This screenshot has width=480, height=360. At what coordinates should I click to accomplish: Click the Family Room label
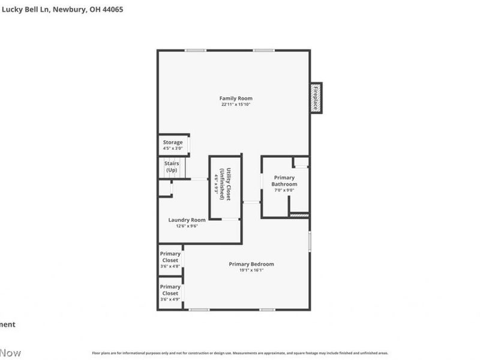pyautogui.click(x=235, y=98)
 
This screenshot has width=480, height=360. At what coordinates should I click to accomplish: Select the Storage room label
pyautogui.click(x=173, y=143)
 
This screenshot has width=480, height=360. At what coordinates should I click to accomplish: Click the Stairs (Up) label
pyautogui.click(x=172, y=167)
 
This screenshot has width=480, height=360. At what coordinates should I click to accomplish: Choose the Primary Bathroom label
pyautogui.click(x=284, y=181)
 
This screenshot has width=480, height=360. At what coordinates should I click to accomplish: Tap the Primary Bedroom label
pyautogui.click(x=251, y=264)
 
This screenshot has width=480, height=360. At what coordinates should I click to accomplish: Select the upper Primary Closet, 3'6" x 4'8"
pyautogui.click(x=170, y=257)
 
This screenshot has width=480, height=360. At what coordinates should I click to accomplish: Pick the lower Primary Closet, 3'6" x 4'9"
pyautogui.click(x=170, y=290)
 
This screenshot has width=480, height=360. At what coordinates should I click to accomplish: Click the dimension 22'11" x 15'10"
pyautogui.click(x=235, y=105)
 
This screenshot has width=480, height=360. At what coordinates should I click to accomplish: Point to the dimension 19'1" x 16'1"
pyautogui.click(x=251, y=270)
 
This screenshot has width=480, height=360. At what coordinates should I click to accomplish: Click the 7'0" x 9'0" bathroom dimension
pyautogui.click(x=284, y=190)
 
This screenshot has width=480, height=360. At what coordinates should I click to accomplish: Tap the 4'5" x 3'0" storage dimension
pyautogui.click(x=173, y=148)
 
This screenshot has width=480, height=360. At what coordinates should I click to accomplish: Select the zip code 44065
pyautogui.click(x=112, y=10)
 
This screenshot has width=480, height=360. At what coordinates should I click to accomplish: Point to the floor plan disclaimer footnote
pyautogui.click(x=240, y=353)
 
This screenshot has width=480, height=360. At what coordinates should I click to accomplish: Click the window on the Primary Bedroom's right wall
pyautogui.click(x=310, y=241)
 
